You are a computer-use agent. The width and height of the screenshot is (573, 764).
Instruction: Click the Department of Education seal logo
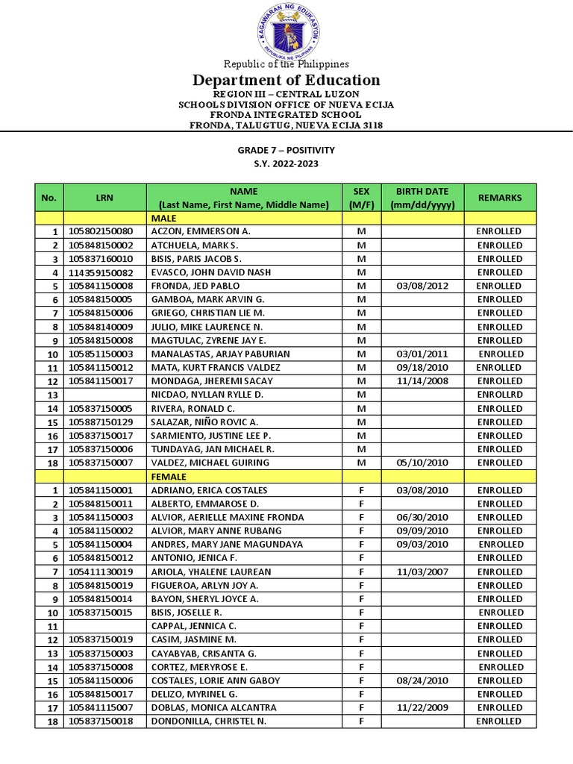coord(287,31)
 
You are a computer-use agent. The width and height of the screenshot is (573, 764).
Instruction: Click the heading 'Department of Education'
coord(286,80)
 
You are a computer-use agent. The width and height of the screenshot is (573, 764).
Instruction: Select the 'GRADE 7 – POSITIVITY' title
coord(286,150)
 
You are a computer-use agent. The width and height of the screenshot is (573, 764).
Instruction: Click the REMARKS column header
coord(500,198)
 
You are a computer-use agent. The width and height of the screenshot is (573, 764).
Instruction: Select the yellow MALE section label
coord(163,218)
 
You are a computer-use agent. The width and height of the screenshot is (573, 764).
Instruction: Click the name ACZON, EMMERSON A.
coord(201,231)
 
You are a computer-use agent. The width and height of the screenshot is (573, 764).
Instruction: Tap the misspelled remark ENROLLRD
coord(500,395)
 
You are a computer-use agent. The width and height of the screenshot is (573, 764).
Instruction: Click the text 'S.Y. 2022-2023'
coord(286,164)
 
